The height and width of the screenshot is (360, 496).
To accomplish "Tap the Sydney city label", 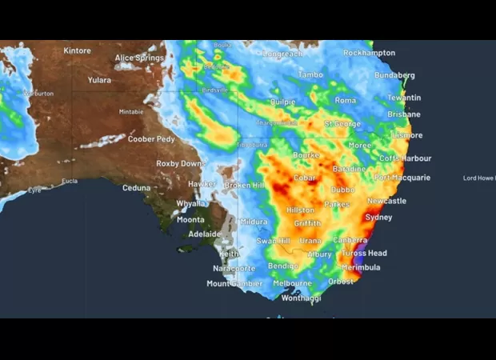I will click(x=378, y=218).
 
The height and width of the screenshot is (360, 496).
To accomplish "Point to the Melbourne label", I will click(x=292, y=283).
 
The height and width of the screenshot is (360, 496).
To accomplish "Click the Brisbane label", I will click(x=404, y=114).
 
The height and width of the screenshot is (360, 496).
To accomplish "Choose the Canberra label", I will click(x=350, y=240).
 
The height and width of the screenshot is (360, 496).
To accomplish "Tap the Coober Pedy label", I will click(x=151, y=139).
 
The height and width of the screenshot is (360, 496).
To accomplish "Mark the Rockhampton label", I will click(x=369, y=53).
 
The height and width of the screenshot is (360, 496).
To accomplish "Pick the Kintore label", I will click(x=78, y=50).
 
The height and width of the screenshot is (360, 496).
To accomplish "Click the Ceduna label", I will click(x=136, y=188).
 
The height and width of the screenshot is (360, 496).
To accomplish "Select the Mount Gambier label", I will click(x=234, y=283).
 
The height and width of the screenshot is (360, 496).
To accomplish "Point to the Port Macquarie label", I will click(x=402, y=178).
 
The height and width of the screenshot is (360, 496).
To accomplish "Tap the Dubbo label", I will click(x=343, y=190).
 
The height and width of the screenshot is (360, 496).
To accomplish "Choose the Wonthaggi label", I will click(x=302, y=298).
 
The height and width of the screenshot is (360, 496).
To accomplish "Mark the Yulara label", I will click(x=99, y=80).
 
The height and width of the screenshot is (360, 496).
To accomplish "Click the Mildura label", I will click(x=254, y=222).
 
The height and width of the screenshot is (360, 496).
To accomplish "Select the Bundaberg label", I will click(x=394, y=75).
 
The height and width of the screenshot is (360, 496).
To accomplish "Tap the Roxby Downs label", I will click(x=180, y=163).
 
